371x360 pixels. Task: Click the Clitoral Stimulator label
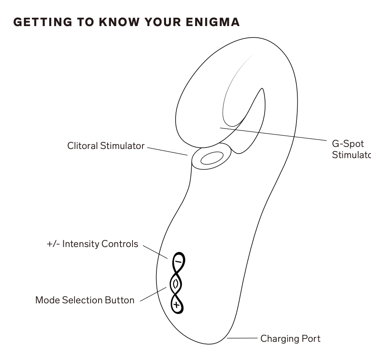pyautogui.click(x=106, y=146)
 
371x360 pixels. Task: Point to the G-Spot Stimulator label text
pyautogui.click(x=350, y=149)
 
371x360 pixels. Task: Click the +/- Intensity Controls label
pyautogui.click(x=92, y=244)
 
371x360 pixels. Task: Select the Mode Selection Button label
pyautogui.click(x=85, y=300)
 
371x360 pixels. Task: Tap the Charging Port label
pyautogui.click(x=290, y=338)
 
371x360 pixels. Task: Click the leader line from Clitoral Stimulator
pyautogui.click(x=167, y=151)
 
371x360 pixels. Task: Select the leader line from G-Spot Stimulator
pyautogui.click(x=273, y=135)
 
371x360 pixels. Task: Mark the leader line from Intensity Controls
pyautogui.click(x=155, y=252)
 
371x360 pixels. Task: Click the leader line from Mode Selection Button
pyautogui.click(x=153, y=295)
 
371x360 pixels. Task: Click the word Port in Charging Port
pyautogui.click(x=311, y=338)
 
